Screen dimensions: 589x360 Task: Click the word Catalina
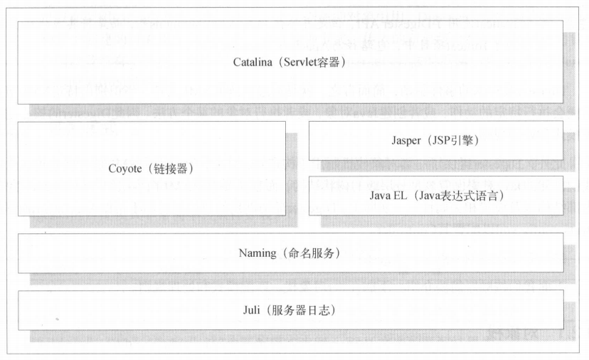click(x=252, y=63)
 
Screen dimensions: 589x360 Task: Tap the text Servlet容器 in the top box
click(x=307, y=63)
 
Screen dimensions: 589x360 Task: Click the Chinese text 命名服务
click(x=310, y=253)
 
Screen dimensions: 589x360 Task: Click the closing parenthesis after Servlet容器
click(x=342, y=63)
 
